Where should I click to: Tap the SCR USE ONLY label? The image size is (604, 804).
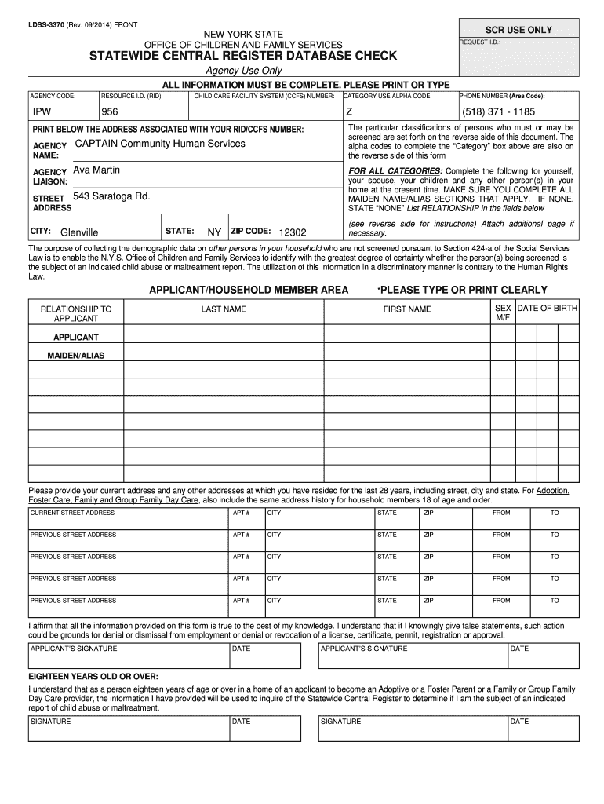click(518, 30)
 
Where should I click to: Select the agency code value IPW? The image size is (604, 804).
click(42, 112)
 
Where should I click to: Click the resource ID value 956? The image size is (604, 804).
click(110, 112)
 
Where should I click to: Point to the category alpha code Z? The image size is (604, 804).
click(350, 112)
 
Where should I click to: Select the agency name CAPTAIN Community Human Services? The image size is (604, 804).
click(159, 144)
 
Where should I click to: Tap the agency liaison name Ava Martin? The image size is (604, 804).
click(96, 170)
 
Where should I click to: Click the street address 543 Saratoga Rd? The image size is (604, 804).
click(111, 196)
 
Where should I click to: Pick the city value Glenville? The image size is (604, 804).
click(79, 233)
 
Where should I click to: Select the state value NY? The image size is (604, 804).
click(214, 233)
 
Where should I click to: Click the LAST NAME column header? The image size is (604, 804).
click(224, 309)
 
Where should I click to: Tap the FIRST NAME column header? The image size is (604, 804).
click(406, 309)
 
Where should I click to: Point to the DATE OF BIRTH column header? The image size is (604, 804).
click(547, 309)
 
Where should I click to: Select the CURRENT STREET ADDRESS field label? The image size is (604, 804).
click(72, 513)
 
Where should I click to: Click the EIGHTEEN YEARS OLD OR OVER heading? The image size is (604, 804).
click(93, 676)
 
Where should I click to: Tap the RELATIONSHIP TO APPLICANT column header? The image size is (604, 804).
click(75, 314)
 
